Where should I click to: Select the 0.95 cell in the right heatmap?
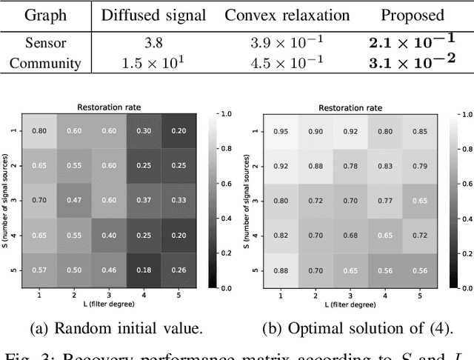pos(281,132)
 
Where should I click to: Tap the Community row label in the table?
pos(45,63)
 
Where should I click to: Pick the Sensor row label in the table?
pos(45,43)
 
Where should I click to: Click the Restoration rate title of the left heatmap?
pos(110,107)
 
